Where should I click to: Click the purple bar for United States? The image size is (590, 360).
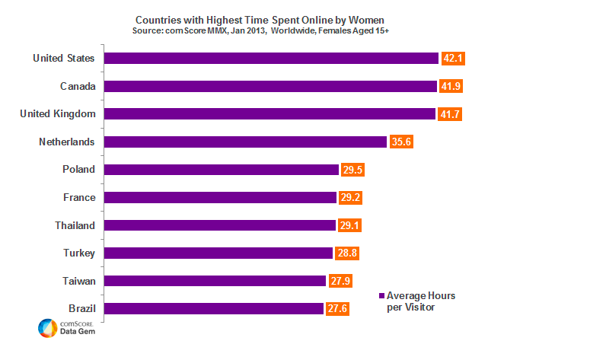(x=271, y=59)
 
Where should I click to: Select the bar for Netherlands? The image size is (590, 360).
(x=245, y=142)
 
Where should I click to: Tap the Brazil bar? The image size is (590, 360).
(x=214, y=308)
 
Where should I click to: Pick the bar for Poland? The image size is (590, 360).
(x=221, y=170)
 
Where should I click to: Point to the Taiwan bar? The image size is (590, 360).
(x=215, y=281)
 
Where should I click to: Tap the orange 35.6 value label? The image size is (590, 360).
(x=401, y=142)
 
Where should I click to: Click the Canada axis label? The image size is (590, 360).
(x=78, y=86)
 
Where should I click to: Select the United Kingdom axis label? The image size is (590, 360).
(x=57, y=114)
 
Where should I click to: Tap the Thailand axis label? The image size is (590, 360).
(x=75, y=225)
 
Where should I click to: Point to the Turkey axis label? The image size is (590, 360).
(x=78, y=253)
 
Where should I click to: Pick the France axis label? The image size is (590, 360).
(x=79, y=197)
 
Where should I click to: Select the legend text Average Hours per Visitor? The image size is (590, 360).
(x=421, y=301)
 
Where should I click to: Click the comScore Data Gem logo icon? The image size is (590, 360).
(x=47, y=328)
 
